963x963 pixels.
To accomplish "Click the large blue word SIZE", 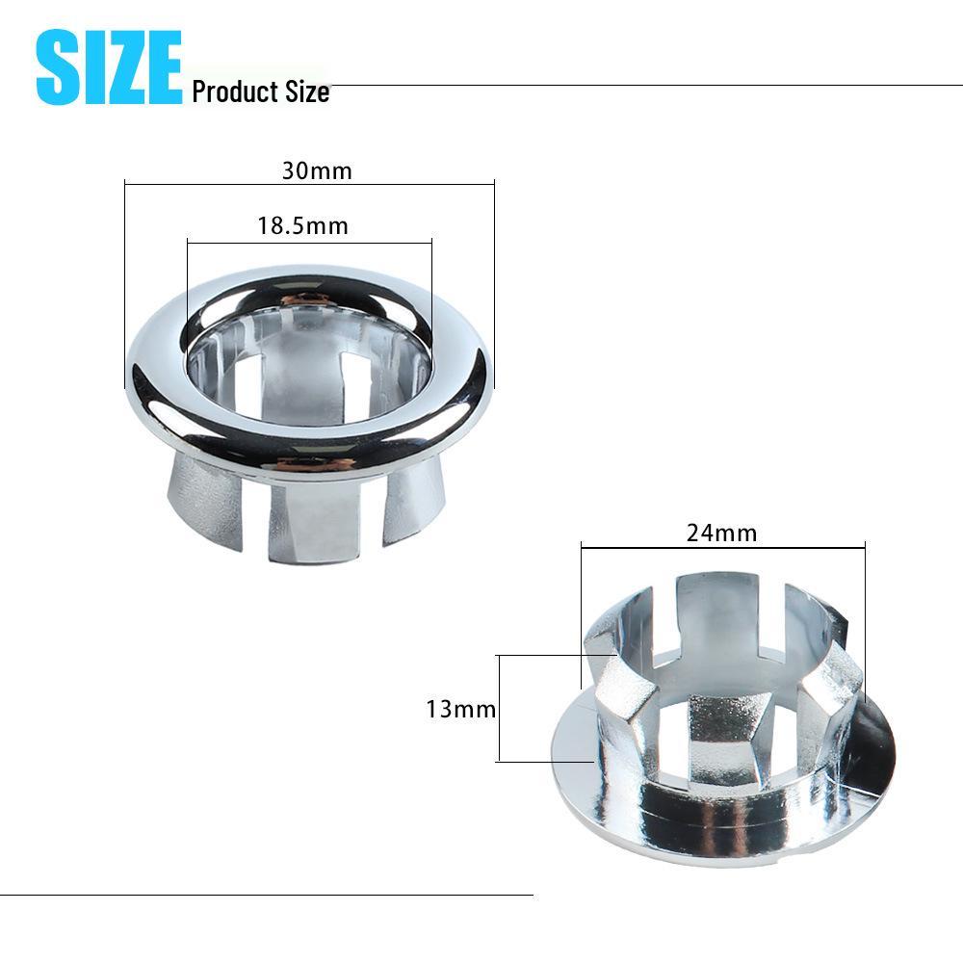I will (108, 66).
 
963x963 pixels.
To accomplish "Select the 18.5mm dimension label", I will (302, 226).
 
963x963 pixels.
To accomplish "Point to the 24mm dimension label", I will (721, 533).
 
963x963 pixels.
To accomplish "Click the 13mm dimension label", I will (460, 710).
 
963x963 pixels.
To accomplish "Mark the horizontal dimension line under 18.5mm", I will (308, 242).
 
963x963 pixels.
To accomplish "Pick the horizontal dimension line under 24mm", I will (722, 548).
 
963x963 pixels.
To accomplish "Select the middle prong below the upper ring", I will (310, 520).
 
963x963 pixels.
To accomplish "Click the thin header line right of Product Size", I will (645, 86).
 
